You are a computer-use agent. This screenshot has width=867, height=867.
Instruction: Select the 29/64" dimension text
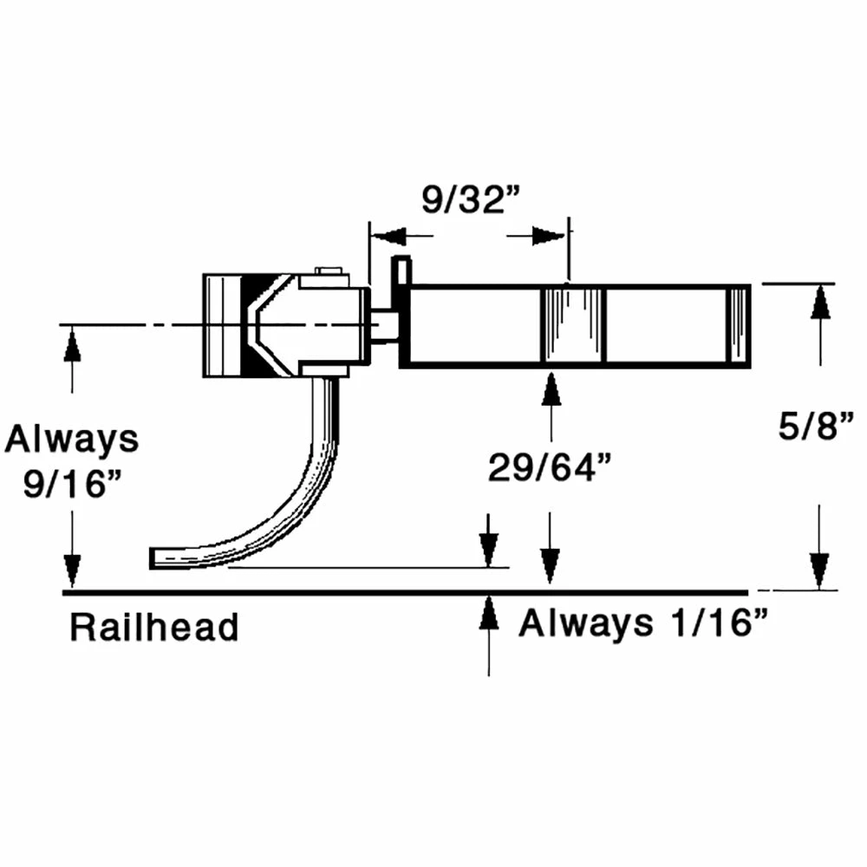pyautogui.click(x=551, y=469)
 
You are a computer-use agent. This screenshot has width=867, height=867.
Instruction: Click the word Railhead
pyautogui.click(x=153, y=627)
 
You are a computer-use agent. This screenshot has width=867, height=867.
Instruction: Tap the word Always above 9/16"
pyautogui.click(x=72, y=440)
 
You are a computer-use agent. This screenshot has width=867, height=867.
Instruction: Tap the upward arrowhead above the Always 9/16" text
pyautogui.click(x=72, y=346)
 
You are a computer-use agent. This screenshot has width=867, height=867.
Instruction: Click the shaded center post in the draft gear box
pyautogui.click(x=572, y=325)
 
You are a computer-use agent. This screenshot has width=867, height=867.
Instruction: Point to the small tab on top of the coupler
pyautogui.click(x=328, y=271)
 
